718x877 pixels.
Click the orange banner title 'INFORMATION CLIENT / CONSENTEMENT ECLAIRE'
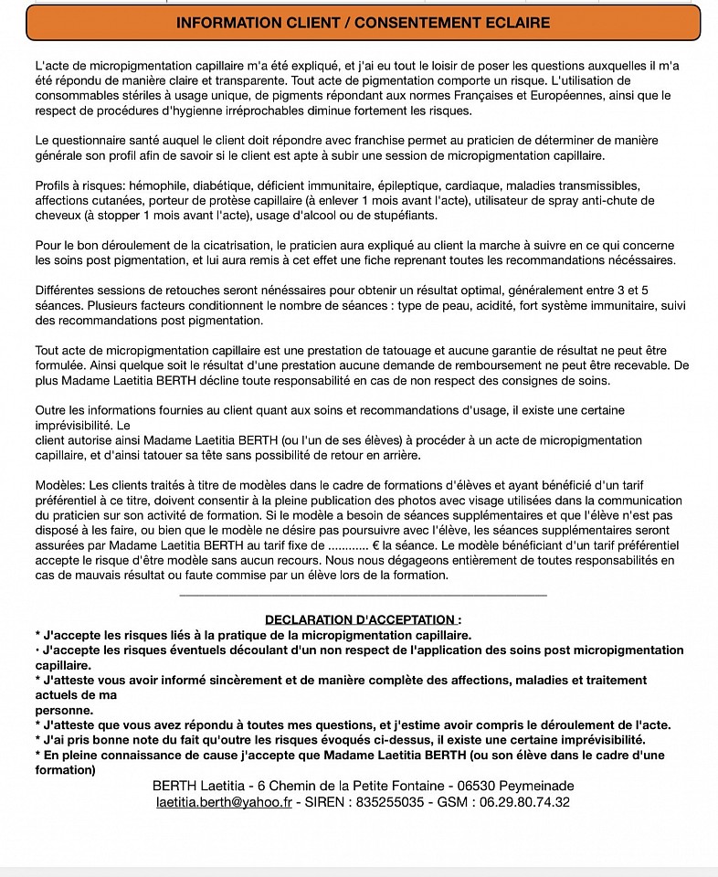(363, 22)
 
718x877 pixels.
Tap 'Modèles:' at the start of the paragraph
(60, 483)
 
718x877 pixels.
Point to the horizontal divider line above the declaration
(363, 596)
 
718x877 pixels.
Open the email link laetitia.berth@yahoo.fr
(224, 802)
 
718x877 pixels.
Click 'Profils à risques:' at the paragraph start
(75, 185)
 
